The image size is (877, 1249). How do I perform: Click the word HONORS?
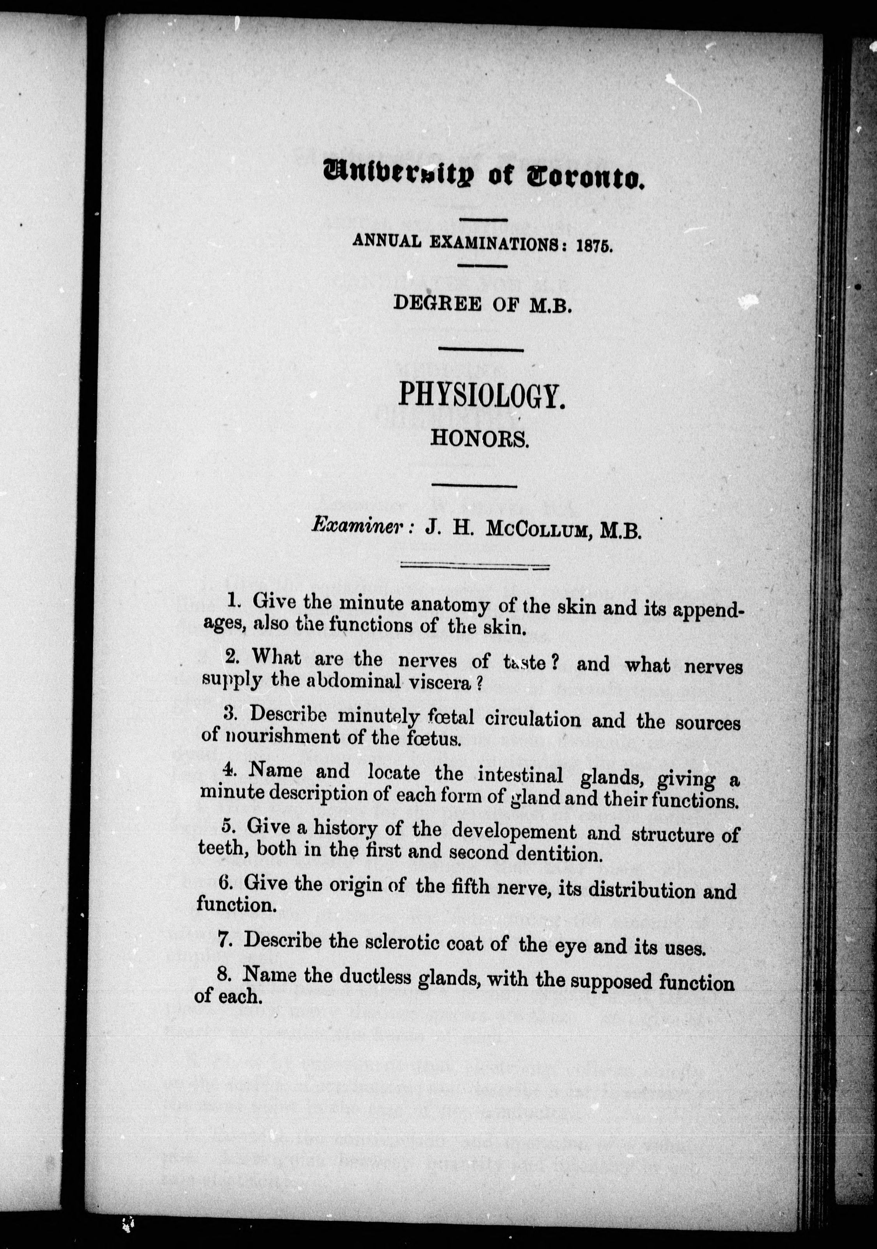point(479,439)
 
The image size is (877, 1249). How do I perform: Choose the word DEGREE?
point(437,304)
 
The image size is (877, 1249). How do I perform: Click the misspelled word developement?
point(514,832)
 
